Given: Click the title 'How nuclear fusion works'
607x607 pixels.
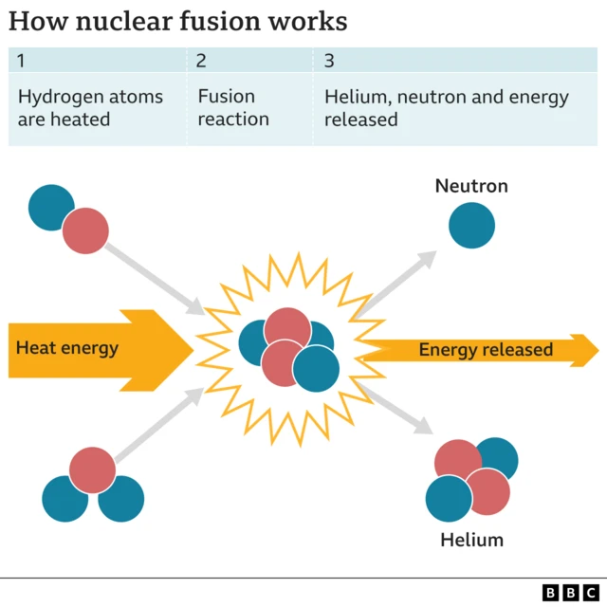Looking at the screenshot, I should [x=177, y=21].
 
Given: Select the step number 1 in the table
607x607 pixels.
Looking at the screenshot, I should [x=22, y=62].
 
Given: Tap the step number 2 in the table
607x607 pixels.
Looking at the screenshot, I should [x=201, y=62].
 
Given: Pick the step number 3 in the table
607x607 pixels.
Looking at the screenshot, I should [x=329, y=62].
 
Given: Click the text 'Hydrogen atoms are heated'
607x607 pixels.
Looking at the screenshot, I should [x=90, y=108].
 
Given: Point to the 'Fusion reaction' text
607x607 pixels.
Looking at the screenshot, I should [x=233, y=108].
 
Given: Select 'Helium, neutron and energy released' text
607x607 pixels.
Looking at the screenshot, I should [x=446, y=108].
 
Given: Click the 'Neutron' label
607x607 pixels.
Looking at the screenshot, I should [x=471, y=186].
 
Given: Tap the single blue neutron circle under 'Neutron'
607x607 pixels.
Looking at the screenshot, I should [x=471, y=226].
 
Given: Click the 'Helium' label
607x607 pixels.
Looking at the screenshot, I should [x=471, y=541].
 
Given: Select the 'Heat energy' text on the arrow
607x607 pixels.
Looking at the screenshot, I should [x=67, y=348].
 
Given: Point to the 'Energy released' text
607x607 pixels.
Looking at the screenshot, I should [x=486, y=350].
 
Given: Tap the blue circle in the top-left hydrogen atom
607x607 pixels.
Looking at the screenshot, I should [x=49, y=208].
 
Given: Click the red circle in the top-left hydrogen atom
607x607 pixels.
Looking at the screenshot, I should [x=86, y=230].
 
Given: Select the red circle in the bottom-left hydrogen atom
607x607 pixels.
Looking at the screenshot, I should [x=92, y=470].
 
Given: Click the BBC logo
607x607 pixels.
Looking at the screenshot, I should [x=572, y=592].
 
